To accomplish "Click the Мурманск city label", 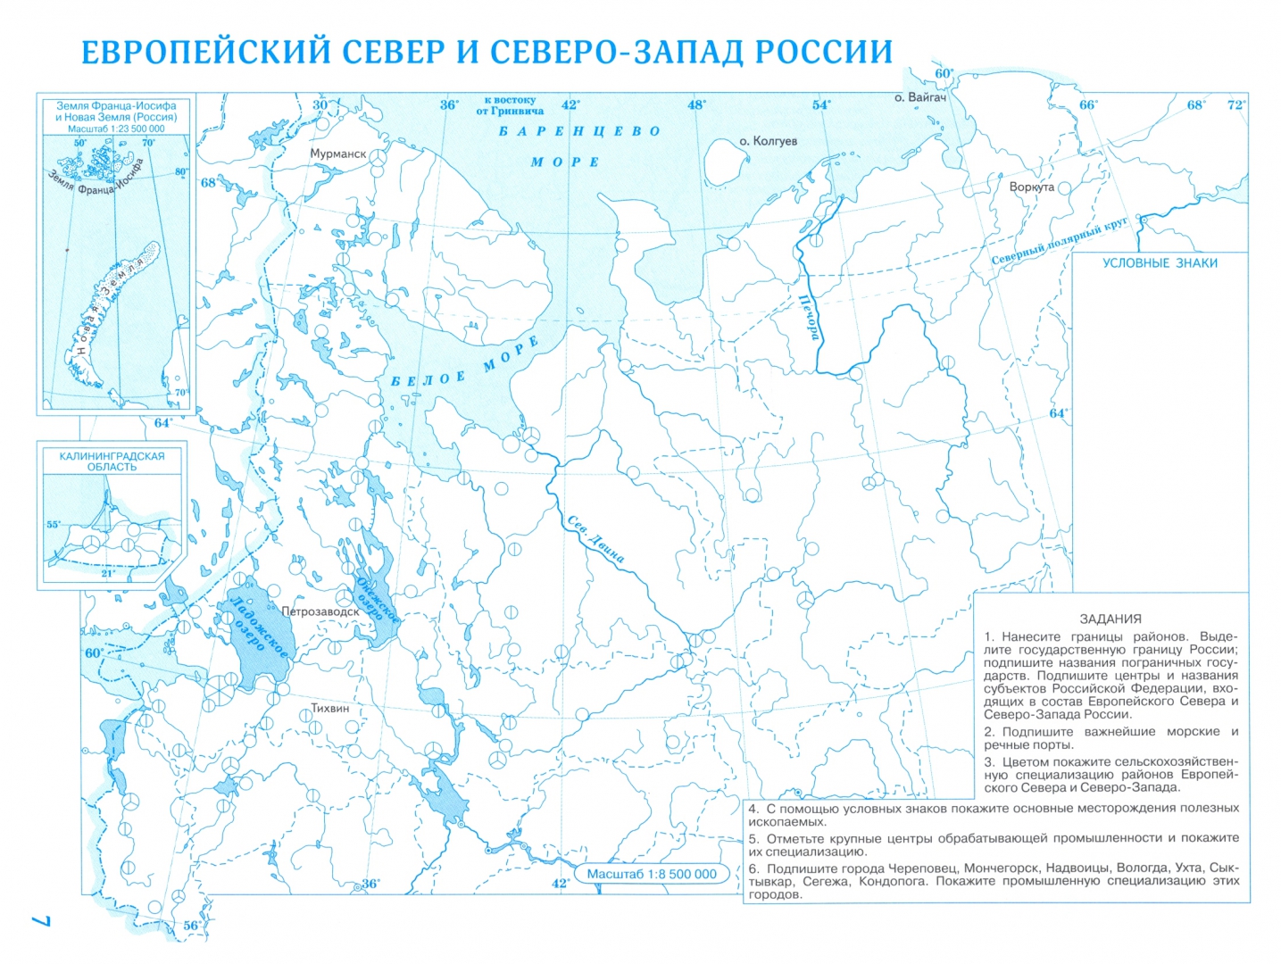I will pyautogui.click(x=337, y=154).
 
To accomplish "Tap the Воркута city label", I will pyautogui.click(x=1031, y=187).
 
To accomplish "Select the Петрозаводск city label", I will pyautogui.click(x=320, y=612).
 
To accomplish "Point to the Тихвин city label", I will pyautogui.click(x=329, y=708).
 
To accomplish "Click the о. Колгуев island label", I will pyautogui.click(x=768, y=141).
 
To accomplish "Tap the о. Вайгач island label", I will pyautogui.click(x=919, y=97).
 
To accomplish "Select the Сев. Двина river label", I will pyautogui.click(x=595, y=539).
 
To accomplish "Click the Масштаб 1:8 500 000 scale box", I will pyautogui.click(x=651, y=874).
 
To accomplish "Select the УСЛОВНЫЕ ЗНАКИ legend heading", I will pyautogui.click(x=1159, y=263).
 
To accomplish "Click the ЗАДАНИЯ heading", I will pyautogui.click(x=1110, y=619).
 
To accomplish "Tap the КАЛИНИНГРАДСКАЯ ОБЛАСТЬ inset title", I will pyautogui.click(x=112, y=461).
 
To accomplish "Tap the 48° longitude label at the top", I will pyautogui.click(x=696, y=104).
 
